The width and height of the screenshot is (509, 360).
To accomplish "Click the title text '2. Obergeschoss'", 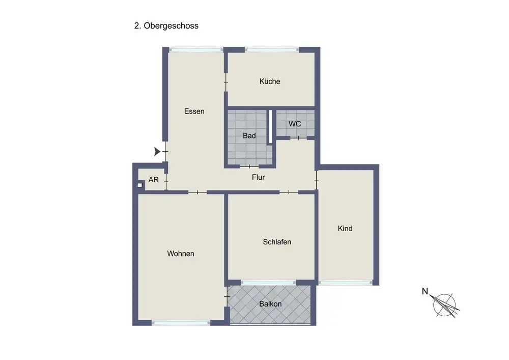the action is coord(166,26).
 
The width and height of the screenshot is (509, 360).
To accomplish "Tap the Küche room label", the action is coord(270,81).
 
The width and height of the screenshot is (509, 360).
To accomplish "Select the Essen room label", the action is coord(194,112).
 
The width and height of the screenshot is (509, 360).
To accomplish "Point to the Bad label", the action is coord(249,135).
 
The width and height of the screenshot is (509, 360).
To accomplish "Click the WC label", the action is coord(295,124).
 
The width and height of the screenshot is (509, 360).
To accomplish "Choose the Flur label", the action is coord(259,177).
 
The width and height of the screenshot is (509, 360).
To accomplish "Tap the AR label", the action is coord(154,180).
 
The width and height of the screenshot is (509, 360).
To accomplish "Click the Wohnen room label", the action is coord(181,254).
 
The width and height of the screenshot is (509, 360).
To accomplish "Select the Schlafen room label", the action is coord(277,242).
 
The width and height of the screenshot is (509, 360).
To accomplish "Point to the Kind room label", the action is coord(345,229).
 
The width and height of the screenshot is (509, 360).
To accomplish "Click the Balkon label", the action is coord(270,304).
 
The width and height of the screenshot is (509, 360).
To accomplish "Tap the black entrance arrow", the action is coord(157,151).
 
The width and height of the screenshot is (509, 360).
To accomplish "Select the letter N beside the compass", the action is coord(425,291).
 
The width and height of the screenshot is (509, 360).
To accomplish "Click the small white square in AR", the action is coord(139,185).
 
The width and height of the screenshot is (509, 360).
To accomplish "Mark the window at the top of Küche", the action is coord(272,50).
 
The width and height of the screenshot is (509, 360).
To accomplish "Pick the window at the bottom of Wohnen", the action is coord(181,323).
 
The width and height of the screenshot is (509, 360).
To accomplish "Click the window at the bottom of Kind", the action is coord(345,283).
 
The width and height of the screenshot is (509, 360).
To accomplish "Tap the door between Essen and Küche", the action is coord(226,82).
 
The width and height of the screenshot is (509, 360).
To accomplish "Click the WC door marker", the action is coord(299,139).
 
